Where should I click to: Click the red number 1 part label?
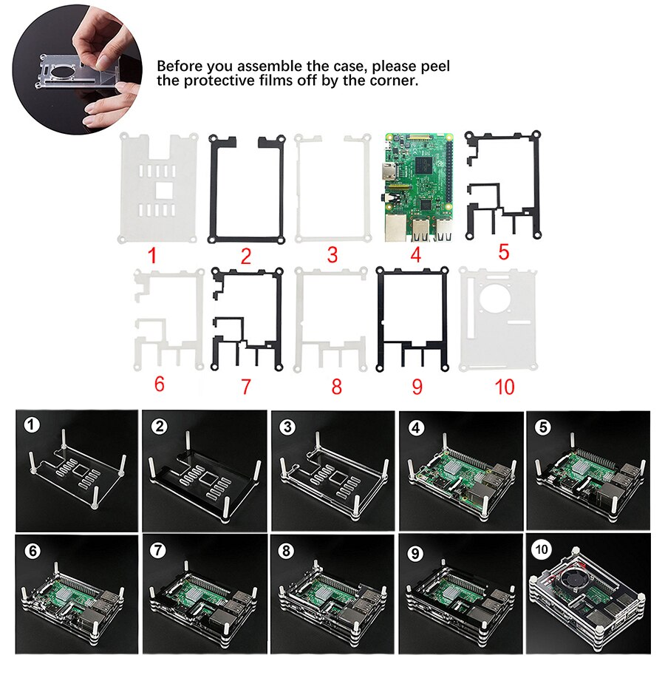(152, 257)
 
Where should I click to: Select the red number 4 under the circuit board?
(415, 256)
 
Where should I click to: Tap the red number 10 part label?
(497, 386)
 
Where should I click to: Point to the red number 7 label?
(245, 386)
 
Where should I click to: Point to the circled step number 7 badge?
(157, 550)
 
